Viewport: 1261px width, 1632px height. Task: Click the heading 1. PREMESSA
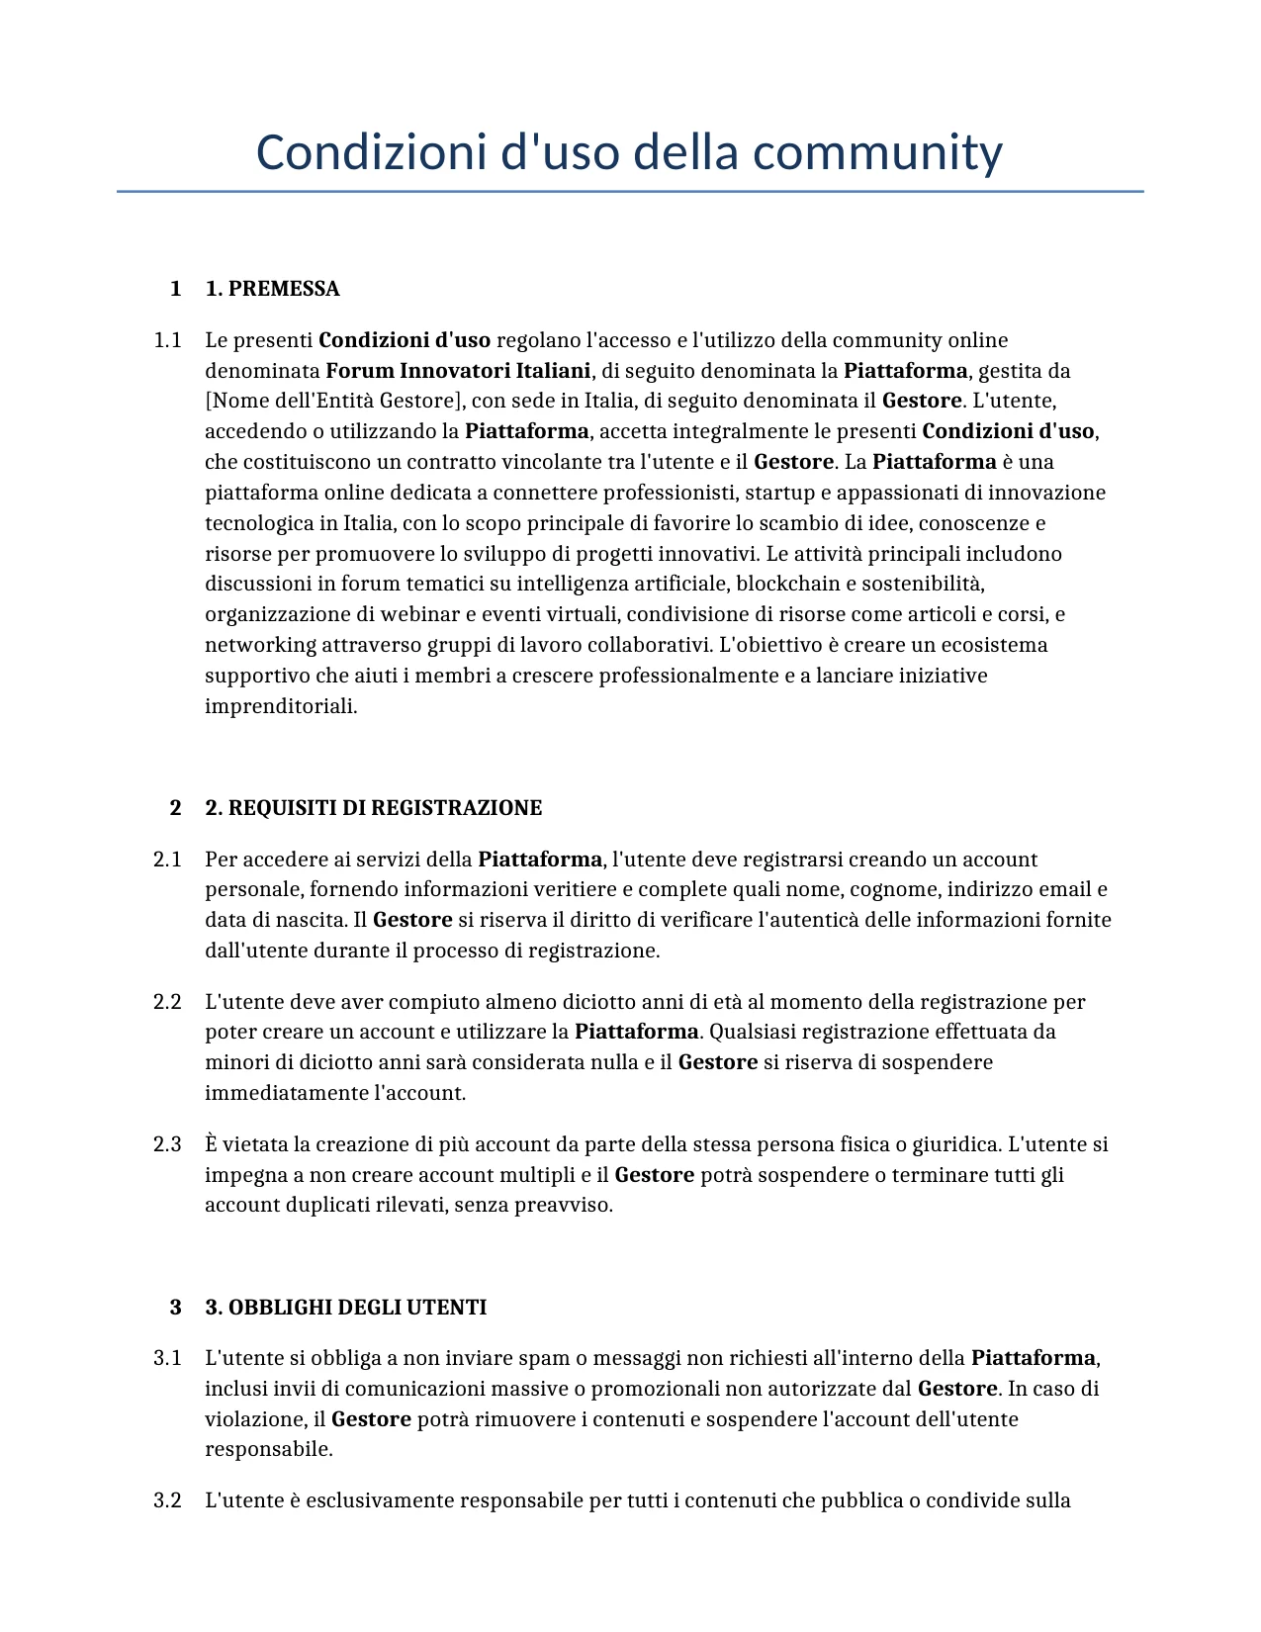272,289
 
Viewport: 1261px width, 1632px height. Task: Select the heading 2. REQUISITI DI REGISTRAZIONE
373,808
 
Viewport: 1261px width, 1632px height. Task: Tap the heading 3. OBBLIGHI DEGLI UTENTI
345,1308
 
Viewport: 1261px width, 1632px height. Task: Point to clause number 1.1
167,341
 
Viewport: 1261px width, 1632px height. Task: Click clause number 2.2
167,1002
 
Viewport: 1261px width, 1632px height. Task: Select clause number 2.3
167,1144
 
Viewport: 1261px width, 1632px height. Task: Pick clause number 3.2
167,1500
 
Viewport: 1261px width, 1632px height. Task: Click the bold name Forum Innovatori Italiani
458,371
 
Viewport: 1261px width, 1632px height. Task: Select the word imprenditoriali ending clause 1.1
280,706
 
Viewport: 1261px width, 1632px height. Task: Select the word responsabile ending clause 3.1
268,1449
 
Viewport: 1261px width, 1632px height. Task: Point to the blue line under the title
630,191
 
